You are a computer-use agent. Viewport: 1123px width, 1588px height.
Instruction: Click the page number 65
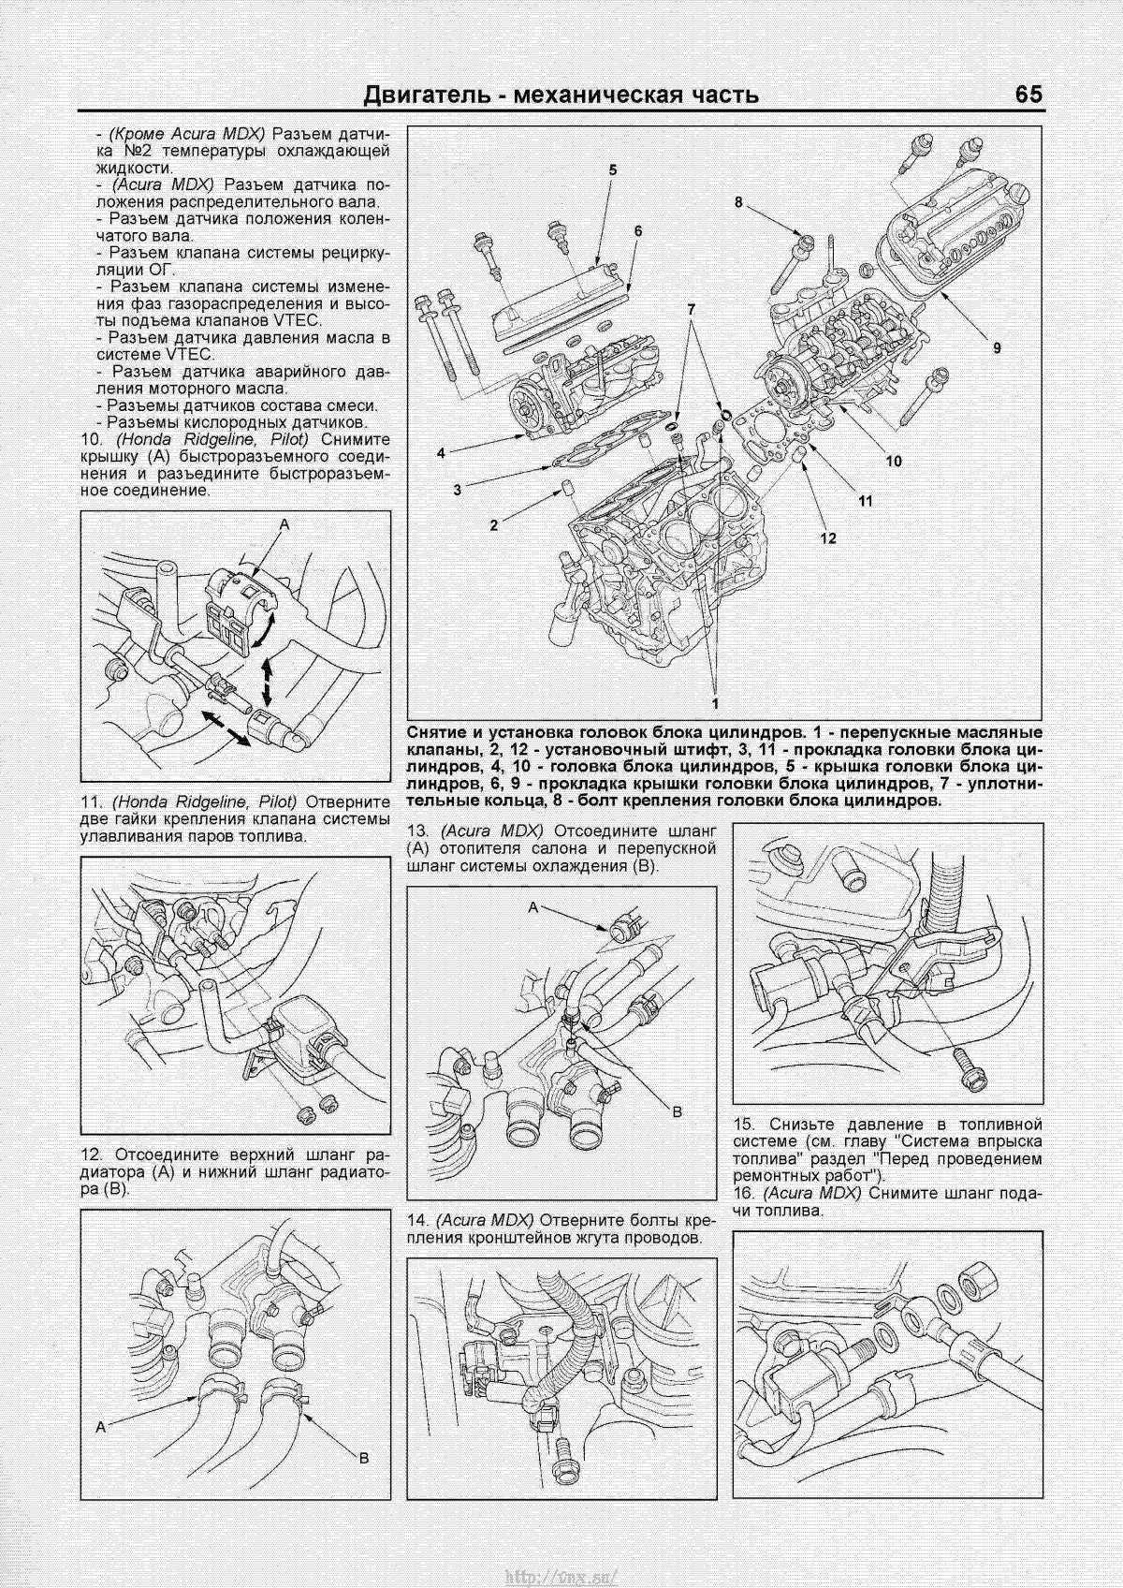coord(1027,95)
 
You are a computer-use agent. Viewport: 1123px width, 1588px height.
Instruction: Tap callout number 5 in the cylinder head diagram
coord(613,170)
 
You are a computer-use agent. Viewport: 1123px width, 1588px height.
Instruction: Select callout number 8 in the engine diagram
coord(737,202)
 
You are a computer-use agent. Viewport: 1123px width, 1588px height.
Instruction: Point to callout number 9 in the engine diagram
coord(998,347)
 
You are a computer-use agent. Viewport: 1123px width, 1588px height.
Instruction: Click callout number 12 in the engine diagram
coord(827,537)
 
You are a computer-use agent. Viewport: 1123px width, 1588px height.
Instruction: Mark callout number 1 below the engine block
coord(716,701)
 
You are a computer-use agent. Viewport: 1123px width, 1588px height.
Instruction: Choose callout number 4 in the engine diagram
coord(440,452)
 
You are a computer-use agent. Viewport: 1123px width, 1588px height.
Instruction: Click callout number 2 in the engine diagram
coord(493,525)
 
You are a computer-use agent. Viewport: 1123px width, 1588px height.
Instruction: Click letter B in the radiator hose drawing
coord(364,1484)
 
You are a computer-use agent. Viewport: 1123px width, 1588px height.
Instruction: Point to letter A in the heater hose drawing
coord(533,907)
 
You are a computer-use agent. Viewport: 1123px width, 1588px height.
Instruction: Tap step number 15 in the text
coord(745,1124)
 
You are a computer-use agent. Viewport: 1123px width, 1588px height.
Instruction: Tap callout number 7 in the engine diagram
coord(692,308)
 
